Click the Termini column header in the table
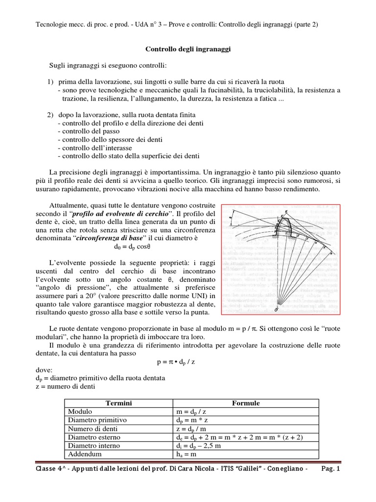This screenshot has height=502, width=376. [x=119, y=403]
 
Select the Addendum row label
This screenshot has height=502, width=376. [x=83, y=454]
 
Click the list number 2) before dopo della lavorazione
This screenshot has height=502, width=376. [x=50, y=114]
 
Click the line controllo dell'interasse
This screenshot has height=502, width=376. [x=94, y=148]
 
